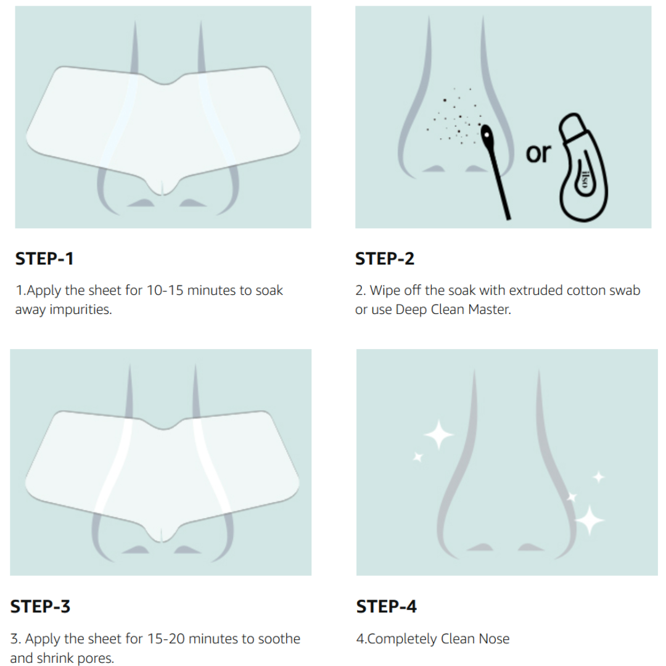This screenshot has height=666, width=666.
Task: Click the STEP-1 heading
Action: click(44, 259)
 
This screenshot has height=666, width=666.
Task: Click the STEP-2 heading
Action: click(385, 259)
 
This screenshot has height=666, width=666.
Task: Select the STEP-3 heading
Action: click(40, 607)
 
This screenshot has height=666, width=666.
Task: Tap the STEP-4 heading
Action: click(387, 607)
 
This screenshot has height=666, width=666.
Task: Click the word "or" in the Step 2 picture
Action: click(538, 153)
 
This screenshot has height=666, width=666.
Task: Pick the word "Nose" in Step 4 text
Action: click(493, 639)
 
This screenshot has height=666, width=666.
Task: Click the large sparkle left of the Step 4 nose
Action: click(438, 435)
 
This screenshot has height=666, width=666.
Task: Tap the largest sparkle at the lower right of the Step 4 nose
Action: click(590, 519)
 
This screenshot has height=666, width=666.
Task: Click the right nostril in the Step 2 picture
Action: click(475, 168)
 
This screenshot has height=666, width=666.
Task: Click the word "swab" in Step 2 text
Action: click(623, 290)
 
